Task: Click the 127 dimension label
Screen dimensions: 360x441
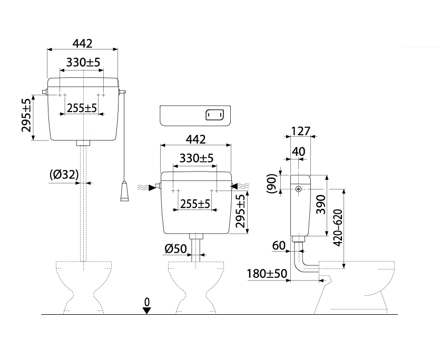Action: [300, 131]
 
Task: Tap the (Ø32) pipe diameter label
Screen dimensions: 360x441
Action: [64, 174]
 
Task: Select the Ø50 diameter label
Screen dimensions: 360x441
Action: [175, 248]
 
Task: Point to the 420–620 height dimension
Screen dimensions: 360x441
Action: [338, 226]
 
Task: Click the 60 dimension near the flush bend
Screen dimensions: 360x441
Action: [279, 245]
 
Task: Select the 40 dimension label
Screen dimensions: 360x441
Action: [298, 151]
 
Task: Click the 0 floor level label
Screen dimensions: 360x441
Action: [147, 301]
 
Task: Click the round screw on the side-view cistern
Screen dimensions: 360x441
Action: [299, 189]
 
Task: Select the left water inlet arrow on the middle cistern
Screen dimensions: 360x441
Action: [153, 186]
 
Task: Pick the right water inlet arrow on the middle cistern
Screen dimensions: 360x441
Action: [235, 185]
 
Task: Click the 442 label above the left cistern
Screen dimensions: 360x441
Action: [82, 44]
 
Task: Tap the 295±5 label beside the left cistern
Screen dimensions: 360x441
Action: [26, 115]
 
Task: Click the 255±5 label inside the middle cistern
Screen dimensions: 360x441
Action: [195, 203]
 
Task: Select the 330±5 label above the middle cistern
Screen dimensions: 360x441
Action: [196, 158]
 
